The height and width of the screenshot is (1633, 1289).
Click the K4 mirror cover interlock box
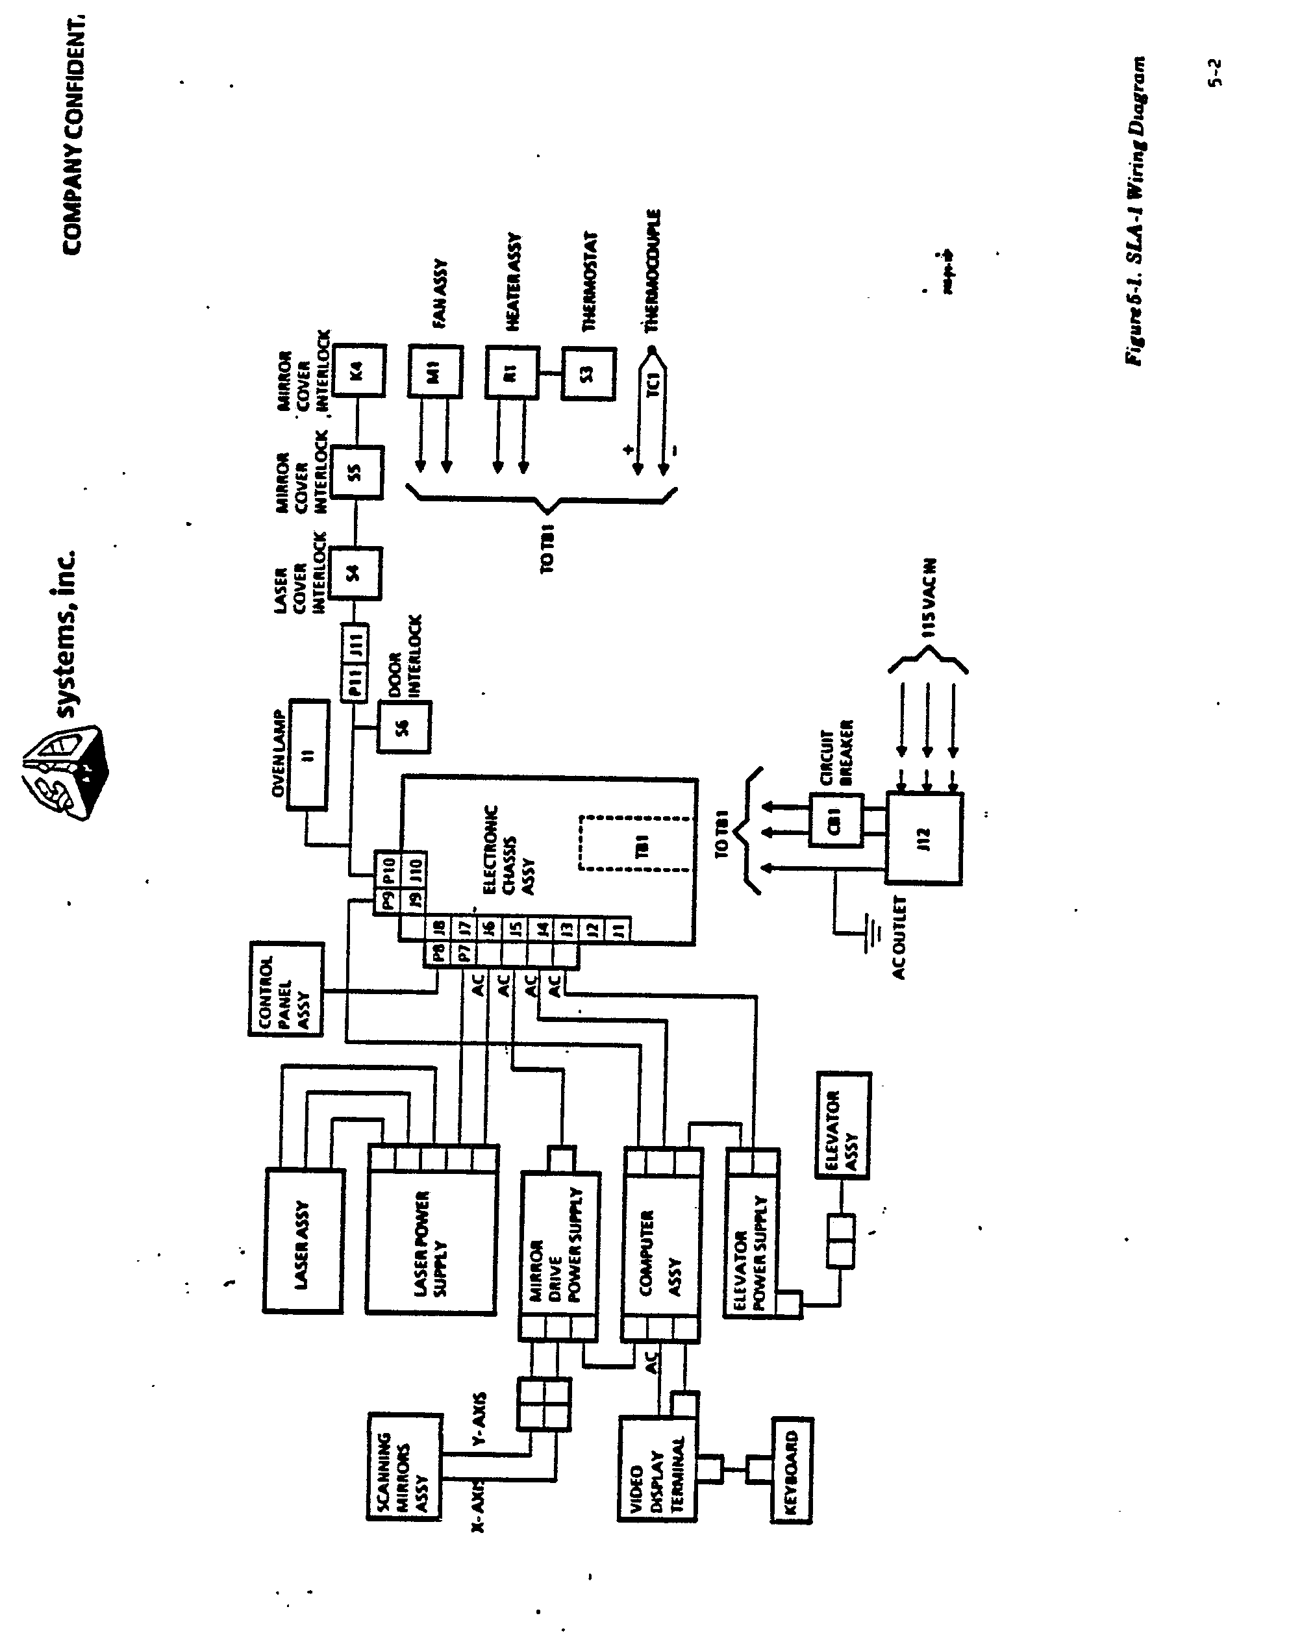(x=359, y=371)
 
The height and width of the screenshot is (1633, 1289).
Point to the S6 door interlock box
(x=404, y=727)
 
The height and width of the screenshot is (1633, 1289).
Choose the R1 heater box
(x=512, y=371)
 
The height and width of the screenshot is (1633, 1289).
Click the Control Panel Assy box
(x=285, y=990)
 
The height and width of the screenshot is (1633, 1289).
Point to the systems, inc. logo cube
(x=66, y=773)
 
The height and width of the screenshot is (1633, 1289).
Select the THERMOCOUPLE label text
(x=652, y=270)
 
